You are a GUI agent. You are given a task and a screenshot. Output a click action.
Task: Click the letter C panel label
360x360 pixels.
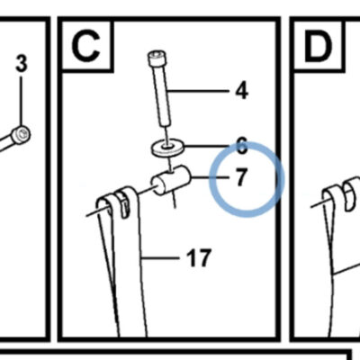[x=85, y=46]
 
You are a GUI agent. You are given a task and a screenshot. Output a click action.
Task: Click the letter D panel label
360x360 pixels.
[x=319, y=46]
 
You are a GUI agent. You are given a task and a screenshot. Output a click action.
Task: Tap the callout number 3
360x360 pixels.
[x=22, y=64]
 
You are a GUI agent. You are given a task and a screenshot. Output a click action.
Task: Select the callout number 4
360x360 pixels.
[x=242, y=91]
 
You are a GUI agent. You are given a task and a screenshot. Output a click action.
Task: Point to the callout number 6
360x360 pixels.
[x=242, y=147]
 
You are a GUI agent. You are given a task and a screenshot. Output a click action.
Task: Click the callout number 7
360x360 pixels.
[x=240, y=177]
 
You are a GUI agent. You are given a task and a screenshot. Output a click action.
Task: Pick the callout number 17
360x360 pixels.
[x=199, y=258]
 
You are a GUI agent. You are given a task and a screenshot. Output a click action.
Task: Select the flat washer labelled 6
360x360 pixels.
[x=167, y=148]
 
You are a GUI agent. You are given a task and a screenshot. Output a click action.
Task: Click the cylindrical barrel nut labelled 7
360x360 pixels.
[x=171, y=180]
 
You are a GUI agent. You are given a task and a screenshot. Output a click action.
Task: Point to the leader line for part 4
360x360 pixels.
[x=198, y=91]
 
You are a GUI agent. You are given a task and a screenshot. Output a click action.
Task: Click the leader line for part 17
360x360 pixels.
[x=161, y=257]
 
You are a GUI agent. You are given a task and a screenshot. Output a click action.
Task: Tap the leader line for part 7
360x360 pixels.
[x=210, y=177]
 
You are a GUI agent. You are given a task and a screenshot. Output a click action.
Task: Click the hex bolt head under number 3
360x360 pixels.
[x=21, y=135]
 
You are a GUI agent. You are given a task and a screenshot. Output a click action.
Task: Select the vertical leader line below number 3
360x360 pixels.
[x=21, y=102]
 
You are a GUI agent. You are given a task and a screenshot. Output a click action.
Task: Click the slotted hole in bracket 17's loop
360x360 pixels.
[x=125, y=205]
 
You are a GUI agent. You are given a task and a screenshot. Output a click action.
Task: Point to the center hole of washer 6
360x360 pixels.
[x=168, y=147]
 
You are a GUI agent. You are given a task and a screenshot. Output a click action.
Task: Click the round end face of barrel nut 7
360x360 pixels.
[x=158, y=186]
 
